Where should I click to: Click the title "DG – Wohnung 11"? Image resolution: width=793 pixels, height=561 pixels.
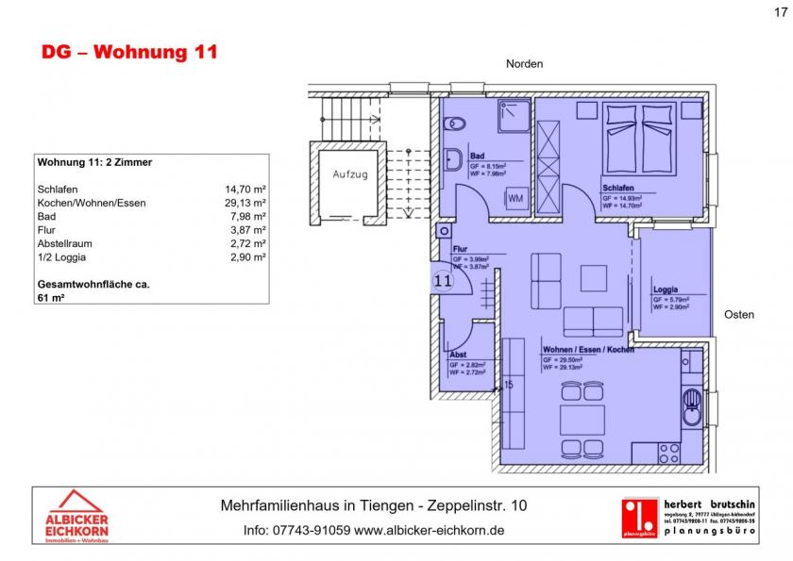click(x=129, y=52)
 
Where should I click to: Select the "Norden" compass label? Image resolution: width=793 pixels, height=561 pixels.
click(x=525, y=64)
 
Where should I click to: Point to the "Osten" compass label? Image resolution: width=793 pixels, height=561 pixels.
click(x=739, y=314)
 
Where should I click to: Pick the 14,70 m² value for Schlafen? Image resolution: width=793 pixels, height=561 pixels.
click(x=245, y=189)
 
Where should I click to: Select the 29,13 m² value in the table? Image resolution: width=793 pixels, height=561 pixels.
click(x=245, y=203)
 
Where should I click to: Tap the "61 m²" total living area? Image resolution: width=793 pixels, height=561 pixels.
click(x=52, y=296)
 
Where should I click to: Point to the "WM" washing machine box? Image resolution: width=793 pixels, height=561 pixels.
click(x=515, y=199)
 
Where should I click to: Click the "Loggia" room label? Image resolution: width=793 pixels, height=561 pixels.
click(x=666, y=289)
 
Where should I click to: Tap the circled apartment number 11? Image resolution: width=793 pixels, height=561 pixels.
click(x=443, y=280)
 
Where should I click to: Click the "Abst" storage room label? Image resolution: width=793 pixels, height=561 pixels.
click(x=458, y=355)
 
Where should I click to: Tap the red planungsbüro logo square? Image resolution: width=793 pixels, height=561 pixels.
click(x=640, y=517)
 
